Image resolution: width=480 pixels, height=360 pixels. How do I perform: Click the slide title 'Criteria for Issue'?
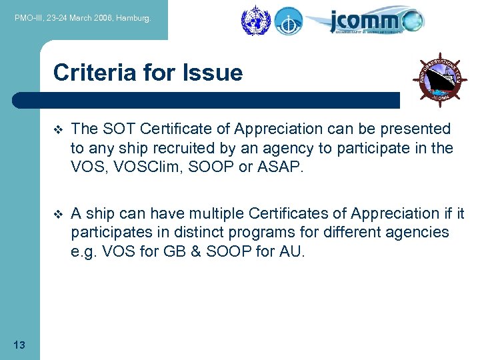click(x=147, y=72)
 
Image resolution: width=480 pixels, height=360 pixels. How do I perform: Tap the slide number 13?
click(x=19, y=345)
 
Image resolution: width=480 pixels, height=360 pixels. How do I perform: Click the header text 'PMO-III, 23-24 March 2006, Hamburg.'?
click(x=83, y=19)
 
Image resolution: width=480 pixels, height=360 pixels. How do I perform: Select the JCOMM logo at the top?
click(x=375, y=21)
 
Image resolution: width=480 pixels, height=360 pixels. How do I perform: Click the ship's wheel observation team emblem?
click(x=439, y=79)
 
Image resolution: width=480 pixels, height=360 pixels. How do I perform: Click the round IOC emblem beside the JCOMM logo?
click(x=288, y=21)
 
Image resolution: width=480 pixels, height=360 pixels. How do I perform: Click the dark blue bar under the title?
click(x=207, y=100)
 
